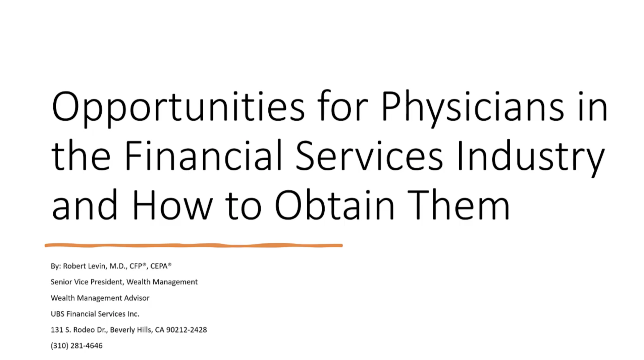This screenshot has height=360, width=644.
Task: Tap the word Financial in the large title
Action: point(203,156)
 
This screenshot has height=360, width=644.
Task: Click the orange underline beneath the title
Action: point(194,246)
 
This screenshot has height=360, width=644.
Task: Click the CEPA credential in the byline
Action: point(159,266)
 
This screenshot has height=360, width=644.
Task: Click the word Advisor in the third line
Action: point(137,298)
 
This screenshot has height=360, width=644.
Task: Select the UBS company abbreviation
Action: point(57,314)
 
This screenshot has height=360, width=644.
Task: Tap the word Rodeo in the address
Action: point(84,330)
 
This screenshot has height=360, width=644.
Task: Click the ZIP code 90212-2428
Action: point(186,330)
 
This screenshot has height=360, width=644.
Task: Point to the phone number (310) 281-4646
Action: point(76,346)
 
